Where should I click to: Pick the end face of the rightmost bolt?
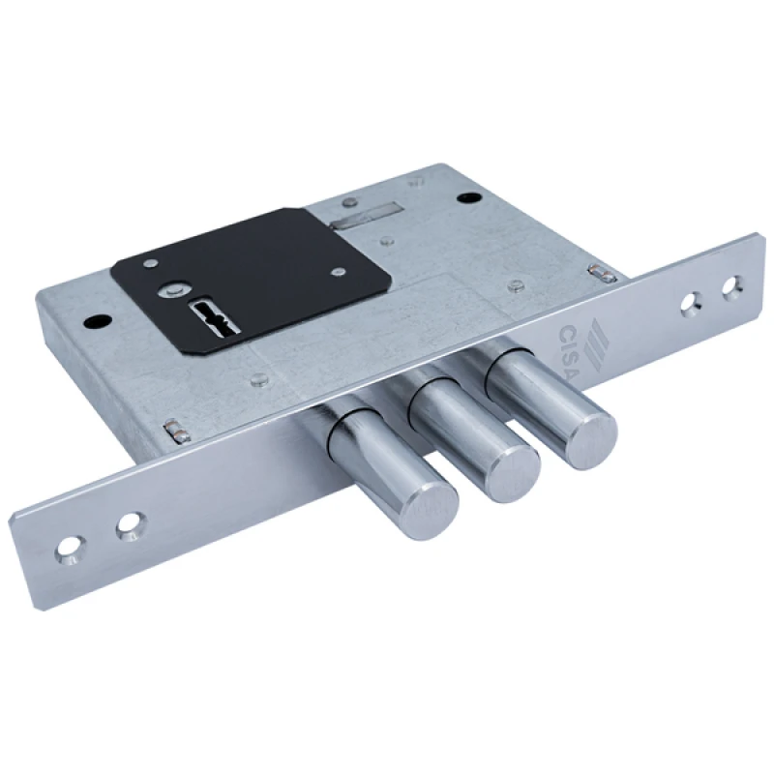(590, 438)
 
